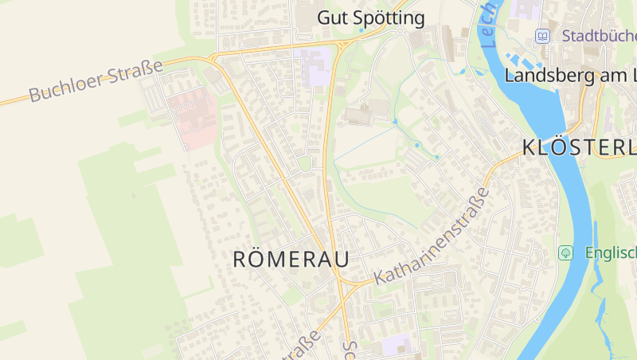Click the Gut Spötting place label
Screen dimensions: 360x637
click(x=370, y=18)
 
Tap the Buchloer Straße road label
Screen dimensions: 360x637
click(x=96, y=81)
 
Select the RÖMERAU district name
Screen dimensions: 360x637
click(x=291, y=259)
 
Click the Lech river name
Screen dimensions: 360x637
click(x=487, y=22)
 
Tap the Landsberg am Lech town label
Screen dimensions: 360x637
click(x=570, y=76)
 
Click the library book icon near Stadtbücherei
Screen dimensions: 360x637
click(x=542, y=36)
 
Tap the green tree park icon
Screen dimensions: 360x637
click(x=566, y=252)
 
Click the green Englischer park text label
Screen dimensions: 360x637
click(x=610, y=252)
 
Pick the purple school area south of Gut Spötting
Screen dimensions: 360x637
click(x=315, y=67)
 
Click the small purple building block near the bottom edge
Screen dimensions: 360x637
click(x=396, y=345)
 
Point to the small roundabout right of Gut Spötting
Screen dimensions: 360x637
click(x=398, y=31)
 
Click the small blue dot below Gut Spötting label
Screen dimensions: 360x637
click(x=361, y=30)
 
